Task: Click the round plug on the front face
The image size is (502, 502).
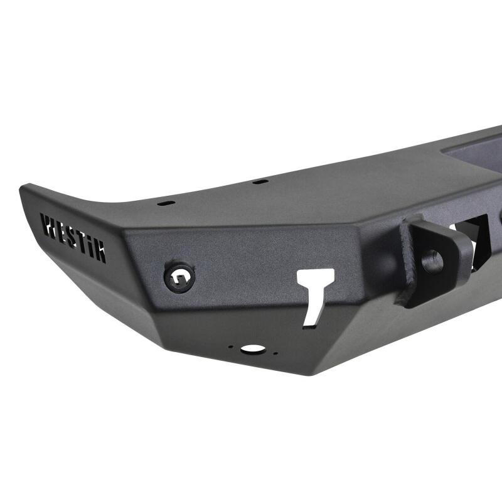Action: point(179,276)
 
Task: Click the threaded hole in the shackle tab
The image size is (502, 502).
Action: point(432,261)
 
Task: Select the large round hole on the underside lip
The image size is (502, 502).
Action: point(252,348)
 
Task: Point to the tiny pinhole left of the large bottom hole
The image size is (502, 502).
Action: point(232,346)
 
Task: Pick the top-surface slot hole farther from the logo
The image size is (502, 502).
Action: point(257,183)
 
